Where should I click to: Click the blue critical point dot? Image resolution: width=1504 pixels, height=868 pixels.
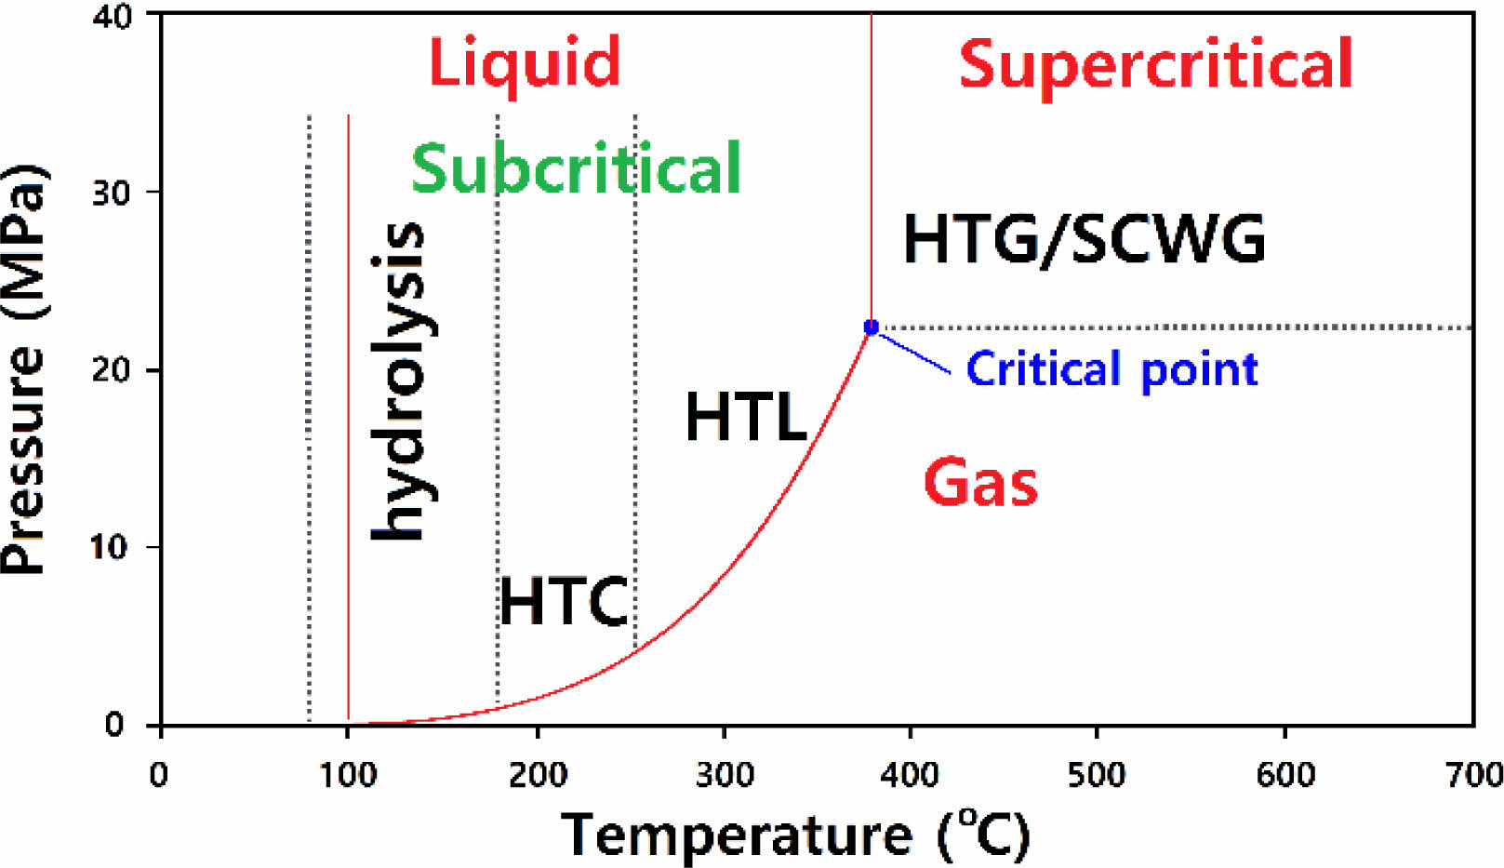coord(871,327)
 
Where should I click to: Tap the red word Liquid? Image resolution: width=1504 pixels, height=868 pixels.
coord(524,62)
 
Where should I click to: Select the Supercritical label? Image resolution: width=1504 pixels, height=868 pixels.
coord(1155,64)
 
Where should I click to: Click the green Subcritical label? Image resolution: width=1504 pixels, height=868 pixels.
coord(576,168)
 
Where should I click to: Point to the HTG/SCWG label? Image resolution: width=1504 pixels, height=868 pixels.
coord(1084,239)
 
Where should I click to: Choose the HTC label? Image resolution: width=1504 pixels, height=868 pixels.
coord(564,601)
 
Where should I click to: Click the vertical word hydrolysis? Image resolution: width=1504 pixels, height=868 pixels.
coord(400,381)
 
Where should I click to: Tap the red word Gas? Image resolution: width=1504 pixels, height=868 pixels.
coord(980,483)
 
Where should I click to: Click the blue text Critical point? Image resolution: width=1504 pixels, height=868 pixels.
coord(1111,369)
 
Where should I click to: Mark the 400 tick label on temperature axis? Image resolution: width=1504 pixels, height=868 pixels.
coord(910,774)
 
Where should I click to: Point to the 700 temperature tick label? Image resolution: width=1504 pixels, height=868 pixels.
coord(1473,774)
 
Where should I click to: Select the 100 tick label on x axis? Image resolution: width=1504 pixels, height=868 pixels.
coord(348,774)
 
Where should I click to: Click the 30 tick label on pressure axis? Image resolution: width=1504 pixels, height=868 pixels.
coord(113,194)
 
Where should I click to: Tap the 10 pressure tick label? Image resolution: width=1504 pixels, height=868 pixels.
coord(109,547)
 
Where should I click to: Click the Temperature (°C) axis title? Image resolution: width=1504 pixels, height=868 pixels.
coord(796,835)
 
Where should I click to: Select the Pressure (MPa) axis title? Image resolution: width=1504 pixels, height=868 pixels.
coord(24,370)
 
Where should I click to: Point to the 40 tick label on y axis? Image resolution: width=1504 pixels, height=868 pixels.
coord(113,17)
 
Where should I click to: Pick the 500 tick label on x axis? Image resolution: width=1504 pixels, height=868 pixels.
coord(1097,774)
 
